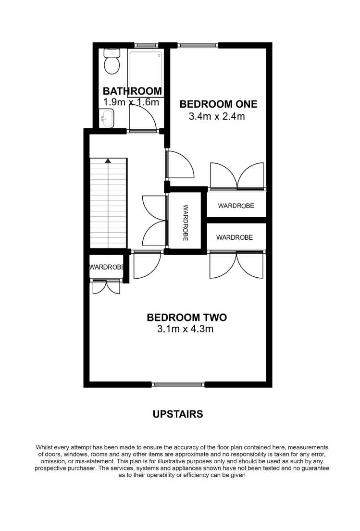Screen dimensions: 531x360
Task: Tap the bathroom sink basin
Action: pyautogui.click(x=106, y=117)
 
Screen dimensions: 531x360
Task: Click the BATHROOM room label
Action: pyautogui.click(x=132, y=91)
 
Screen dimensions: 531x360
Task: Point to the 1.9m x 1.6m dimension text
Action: pyautogui.click(x=131, y=102)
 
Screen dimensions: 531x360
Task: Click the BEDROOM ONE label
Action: pyautogui.click(x=218, y=104)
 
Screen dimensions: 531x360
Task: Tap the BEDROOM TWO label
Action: pyautogui.click(x=186, y=317)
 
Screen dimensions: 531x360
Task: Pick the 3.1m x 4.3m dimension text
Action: pyautogui.click(x=185, y=329)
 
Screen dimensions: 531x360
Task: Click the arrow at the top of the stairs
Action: pyautogui.click(x=109, y=161)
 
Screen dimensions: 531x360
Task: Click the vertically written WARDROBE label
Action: pyautogui.click(x=186, y=222)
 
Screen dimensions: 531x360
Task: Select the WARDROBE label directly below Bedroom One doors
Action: pyautogui.click(x=236, y=206)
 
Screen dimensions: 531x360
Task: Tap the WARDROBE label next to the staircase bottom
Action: pyautogui.click(x=107, y=267)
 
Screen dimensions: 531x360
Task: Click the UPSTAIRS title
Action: pyautogui.click(x=178, y=414)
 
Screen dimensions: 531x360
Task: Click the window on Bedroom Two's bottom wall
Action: pyautogui.click(x=178, y=384)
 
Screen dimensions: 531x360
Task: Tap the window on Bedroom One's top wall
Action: pyautogui.click(x=199, y=46)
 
